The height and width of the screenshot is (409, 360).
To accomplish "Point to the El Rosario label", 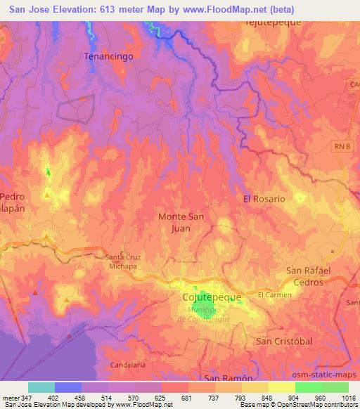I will pos(264,199).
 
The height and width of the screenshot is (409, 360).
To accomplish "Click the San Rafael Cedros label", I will pos(314,276).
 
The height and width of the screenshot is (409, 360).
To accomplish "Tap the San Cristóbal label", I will pos(283,342).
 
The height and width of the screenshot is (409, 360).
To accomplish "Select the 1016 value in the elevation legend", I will pos(348,398).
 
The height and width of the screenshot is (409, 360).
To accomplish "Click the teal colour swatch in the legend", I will pos(41,387).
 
